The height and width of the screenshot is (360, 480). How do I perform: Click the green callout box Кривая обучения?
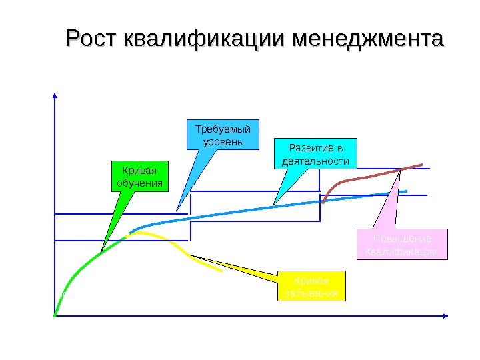click(139, 176)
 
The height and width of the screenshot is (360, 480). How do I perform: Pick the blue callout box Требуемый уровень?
click(221, 135)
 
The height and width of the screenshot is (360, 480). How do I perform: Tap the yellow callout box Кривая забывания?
click(312, 286)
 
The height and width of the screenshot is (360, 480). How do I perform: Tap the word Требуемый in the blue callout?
click(221, 129)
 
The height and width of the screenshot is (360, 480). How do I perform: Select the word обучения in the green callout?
click(139, 183)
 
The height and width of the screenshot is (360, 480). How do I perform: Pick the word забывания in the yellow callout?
click(312, 293)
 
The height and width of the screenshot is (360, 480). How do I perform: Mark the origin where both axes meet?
click(55, 315)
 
